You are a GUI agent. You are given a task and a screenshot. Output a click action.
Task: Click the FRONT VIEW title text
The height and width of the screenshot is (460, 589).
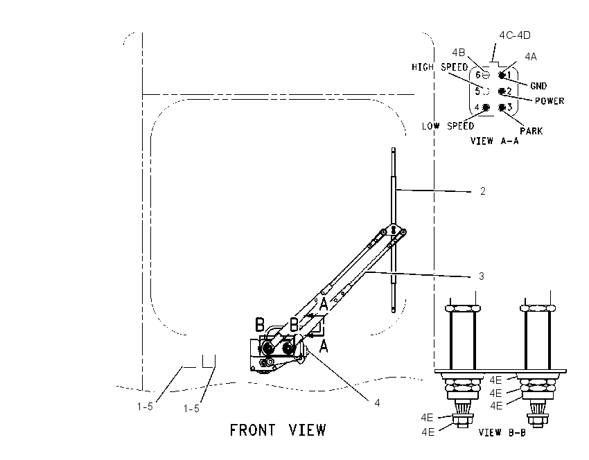[278, 430]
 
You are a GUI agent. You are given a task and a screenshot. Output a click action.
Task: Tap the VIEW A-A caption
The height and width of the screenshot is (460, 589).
[494, 141]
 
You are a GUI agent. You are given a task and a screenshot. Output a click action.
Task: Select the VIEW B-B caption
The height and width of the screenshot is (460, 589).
[502, 432]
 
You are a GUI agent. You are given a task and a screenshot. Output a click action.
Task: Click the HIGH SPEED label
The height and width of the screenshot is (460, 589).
[439, 67]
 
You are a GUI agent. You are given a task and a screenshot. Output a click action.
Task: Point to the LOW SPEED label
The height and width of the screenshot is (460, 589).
[448, 126]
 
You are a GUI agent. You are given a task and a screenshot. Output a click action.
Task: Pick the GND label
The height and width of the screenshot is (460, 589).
[538, 86]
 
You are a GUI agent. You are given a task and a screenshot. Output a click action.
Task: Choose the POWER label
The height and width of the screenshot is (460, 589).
[550, 101]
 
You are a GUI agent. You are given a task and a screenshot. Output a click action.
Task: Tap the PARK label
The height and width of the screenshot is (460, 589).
[531, 131]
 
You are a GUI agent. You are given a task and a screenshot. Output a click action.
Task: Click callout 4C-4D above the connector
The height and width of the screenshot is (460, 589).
[515, 35]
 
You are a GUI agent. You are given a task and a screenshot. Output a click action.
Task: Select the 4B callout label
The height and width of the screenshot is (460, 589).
[458, 53]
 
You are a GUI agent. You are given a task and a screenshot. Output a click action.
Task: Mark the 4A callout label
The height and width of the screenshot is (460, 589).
[530, 57]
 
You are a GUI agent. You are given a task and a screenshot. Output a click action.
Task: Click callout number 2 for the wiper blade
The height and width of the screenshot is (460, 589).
[483, 191]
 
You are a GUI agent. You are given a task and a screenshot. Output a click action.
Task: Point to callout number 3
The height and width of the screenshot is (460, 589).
[482, 276]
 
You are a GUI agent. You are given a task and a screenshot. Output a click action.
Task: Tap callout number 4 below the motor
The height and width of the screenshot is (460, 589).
[377, 403]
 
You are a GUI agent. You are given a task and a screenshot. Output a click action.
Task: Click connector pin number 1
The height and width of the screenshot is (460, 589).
[509, 75]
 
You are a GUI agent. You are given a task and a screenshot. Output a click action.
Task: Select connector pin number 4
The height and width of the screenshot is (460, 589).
[477, 107]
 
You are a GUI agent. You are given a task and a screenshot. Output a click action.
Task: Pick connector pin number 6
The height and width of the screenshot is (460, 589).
[478, 75]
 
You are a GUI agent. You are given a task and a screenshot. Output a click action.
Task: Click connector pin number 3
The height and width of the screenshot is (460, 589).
[509, 107]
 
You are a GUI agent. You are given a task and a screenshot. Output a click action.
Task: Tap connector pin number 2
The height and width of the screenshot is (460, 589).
[509, 91]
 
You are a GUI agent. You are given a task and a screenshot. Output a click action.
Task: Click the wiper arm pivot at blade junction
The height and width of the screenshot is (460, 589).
[394, 229]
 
